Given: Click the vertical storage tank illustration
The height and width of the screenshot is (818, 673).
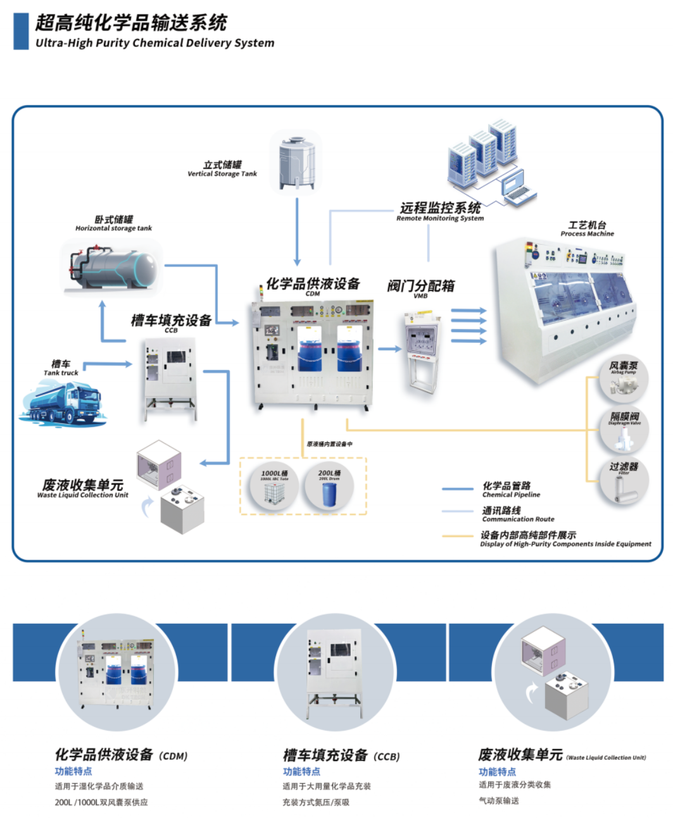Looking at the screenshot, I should click(x=296, y=162).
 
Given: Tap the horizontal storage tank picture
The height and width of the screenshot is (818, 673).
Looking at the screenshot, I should click(x=113, y=269).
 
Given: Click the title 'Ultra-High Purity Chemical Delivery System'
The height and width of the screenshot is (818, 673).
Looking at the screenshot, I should click(x=155, y=43).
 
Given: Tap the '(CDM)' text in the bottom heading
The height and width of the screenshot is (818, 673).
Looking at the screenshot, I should click(x=173, y=756).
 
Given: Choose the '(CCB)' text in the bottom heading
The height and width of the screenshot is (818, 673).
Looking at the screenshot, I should click(x=386, y=756).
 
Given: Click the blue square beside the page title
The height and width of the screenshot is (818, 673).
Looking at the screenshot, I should click(x=21, y=31).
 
